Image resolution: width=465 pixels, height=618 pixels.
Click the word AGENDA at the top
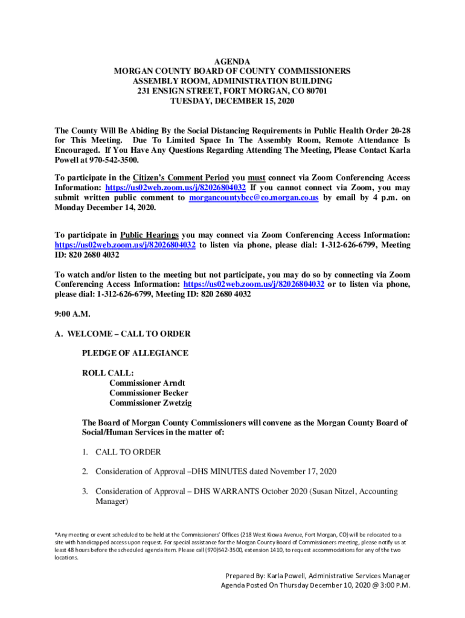[232, 62]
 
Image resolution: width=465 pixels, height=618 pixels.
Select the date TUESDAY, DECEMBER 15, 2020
[232, 101]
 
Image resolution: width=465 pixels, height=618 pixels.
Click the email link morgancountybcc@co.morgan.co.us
[254, 197]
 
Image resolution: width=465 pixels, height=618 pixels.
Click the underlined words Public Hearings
[150, 235]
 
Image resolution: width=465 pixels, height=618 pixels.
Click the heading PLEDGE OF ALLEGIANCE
[135, 353]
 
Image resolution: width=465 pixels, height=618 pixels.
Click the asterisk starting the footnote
[56, 534]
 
